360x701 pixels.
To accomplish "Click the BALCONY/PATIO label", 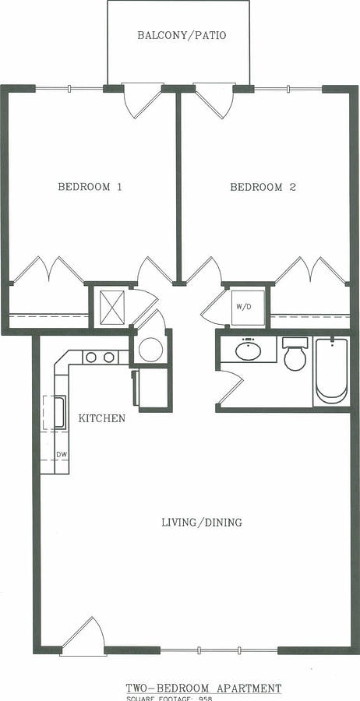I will point(182,35).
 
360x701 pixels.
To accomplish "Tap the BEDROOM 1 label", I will point(90,187).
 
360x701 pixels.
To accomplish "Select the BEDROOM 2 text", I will point(263,187).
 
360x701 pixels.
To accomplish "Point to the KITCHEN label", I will point(102,418).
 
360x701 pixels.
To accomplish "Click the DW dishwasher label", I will point(60,454).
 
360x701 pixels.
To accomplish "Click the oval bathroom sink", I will point(248,350).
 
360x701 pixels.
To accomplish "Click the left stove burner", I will point(90,358).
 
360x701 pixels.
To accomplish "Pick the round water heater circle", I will point(150,350).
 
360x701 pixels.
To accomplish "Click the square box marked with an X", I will point(109,307).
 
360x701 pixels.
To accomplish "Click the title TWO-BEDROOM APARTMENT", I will point(203,689).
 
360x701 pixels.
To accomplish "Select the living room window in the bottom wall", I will point(218,650).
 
